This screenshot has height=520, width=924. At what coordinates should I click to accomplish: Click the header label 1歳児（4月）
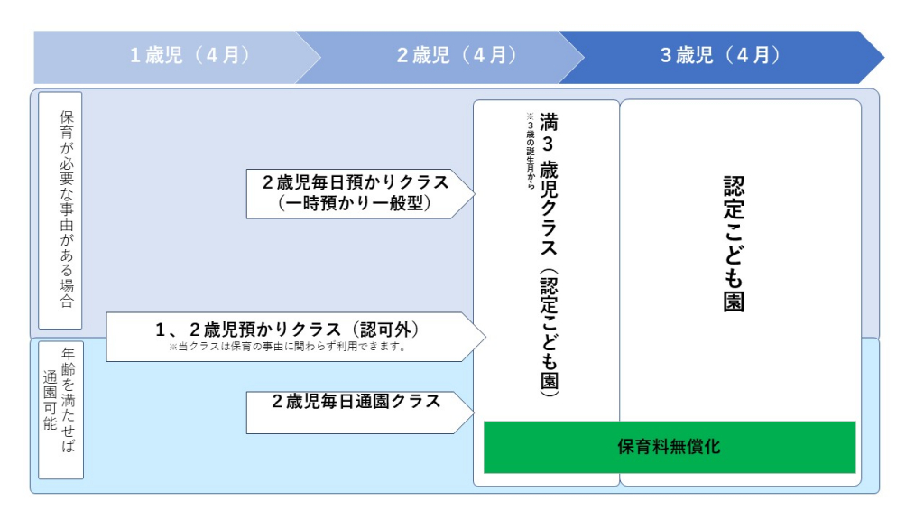189,55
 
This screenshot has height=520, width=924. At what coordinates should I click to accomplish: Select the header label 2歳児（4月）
457,55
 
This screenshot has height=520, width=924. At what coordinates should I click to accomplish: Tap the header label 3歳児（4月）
719,55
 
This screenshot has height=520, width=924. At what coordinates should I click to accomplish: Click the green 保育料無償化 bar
669,447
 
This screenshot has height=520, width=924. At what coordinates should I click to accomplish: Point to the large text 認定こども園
734,244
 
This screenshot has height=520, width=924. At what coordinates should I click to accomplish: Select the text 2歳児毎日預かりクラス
356,181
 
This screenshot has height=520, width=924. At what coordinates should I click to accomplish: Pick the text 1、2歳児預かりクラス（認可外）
287,330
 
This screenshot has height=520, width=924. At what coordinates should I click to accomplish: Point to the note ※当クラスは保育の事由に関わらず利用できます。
287,346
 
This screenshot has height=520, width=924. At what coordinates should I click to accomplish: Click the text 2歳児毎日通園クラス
356,402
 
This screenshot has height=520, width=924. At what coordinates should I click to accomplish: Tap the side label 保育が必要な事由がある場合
67,209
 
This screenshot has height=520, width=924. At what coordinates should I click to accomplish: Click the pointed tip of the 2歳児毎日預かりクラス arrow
474,192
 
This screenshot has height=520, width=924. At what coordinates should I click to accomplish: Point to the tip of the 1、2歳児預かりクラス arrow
485,337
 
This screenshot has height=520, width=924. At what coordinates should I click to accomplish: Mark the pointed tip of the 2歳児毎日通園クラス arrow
474,413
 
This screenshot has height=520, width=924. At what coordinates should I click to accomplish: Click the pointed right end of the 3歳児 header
883,57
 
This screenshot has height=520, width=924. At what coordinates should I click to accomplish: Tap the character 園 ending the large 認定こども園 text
734,302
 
